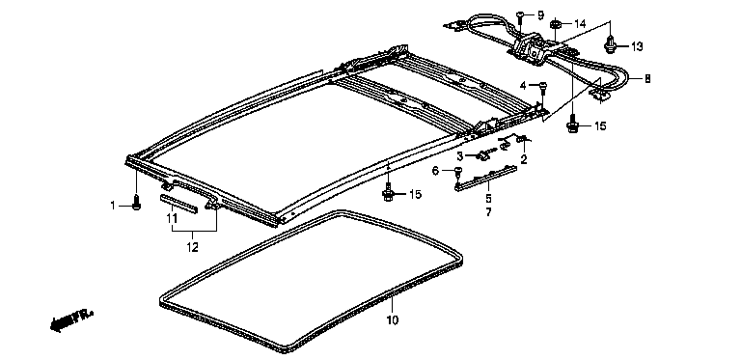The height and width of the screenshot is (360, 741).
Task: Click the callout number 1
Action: tap(113, 206)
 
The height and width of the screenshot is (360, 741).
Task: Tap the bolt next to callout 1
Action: tap(137, 203)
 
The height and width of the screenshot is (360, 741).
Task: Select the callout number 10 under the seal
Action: tap(393, 320)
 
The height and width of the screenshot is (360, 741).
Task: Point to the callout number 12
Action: tap(192, 247)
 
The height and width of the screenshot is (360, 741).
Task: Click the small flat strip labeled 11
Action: tap(178, 203)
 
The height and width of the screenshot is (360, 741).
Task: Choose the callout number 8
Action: tap(647, 79)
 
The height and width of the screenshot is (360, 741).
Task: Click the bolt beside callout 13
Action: tap(611, 44)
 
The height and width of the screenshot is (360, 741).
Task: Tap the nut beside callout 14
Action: tap(556, 23)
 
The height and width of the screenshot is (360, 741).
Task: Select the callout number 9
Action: tap(540, 15)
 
